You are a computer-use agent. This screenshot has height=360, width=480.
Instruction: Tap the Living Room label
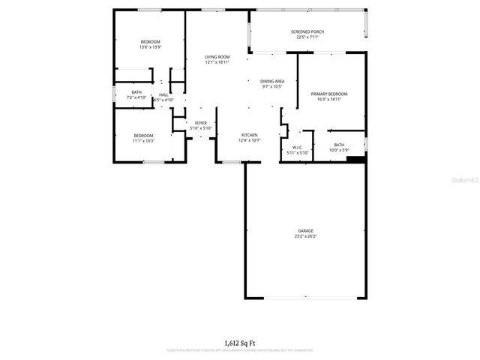pos(217,57)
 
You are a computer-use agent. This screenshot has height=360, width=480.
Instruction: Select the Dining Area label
pos(272,81)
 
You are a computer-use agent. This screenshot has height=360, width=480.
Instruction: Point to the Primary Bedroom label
pos(329,94)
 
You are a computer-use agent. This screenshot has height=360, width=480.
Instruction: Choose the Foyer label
pos(201,123)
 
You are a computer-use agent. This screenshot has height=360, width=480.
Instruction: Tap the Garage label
pos(305,231)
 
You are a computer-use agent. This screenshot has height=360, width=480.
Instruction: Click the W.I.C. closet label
pos(297,147)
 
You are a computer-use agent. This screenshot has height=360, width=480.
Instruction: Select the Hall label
pos(163,94)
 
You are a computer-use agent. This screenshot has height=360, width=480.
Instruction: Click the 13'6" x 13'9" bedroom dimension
pos(150,47)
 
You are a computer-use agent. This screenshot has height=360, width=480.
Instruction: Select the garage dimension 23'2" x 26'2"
pos(305,236)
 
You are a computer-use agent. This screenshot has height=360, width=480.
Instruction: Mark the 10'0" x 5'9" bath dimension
pos(339,151)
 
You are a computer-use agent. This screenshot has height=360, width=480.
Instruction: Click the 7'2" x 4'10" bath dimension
pos(136,98)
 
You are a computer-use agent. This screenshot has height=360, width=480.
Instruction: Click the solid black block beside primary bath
pos(357,159)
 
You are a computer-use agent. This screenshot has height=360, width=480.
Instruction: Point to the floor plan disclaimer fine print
pos(239,350)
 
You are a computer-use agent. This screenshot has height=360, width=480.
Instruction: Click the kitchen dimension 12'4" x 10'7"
pos(249,140)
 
